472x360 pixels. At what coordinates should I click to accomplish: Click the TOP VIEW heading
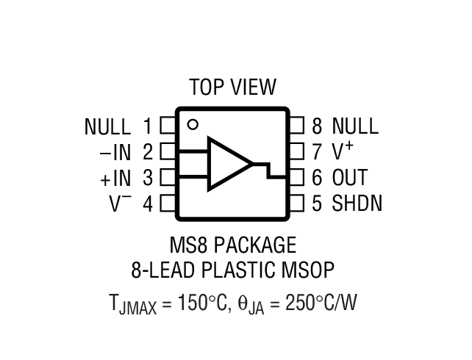[x=232, y=87]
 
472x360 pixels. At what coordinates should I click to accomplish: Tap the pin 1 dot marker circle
[x=192, y=124]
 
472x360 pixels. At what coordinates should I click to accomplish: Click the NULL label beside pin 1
[x=108, y=126]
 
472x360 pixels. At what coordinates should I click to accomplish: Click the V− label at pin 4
[x=121, y=203]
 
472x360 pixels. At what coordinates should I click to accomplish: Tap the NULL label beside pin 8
[x=355, y=126]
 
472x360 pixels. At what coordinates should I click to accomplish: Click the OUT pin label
[x=349, y=178]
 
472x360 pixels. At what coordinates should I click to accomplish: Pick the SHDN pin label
[x=357, y=203]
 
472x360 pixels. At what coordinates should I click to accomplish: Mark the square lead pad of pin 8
[x=296, y=126]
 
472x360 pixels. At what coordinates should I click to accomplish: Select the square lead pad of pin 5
[x=296, y=203]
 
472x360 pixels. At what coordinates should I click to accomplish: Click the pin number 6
[x=317, y=178]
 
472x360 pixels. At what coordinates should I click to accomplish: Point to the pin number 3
[x=148, y=178]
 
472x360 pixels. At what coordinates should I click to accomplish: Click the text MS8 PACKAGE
[x=233, y=245]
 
